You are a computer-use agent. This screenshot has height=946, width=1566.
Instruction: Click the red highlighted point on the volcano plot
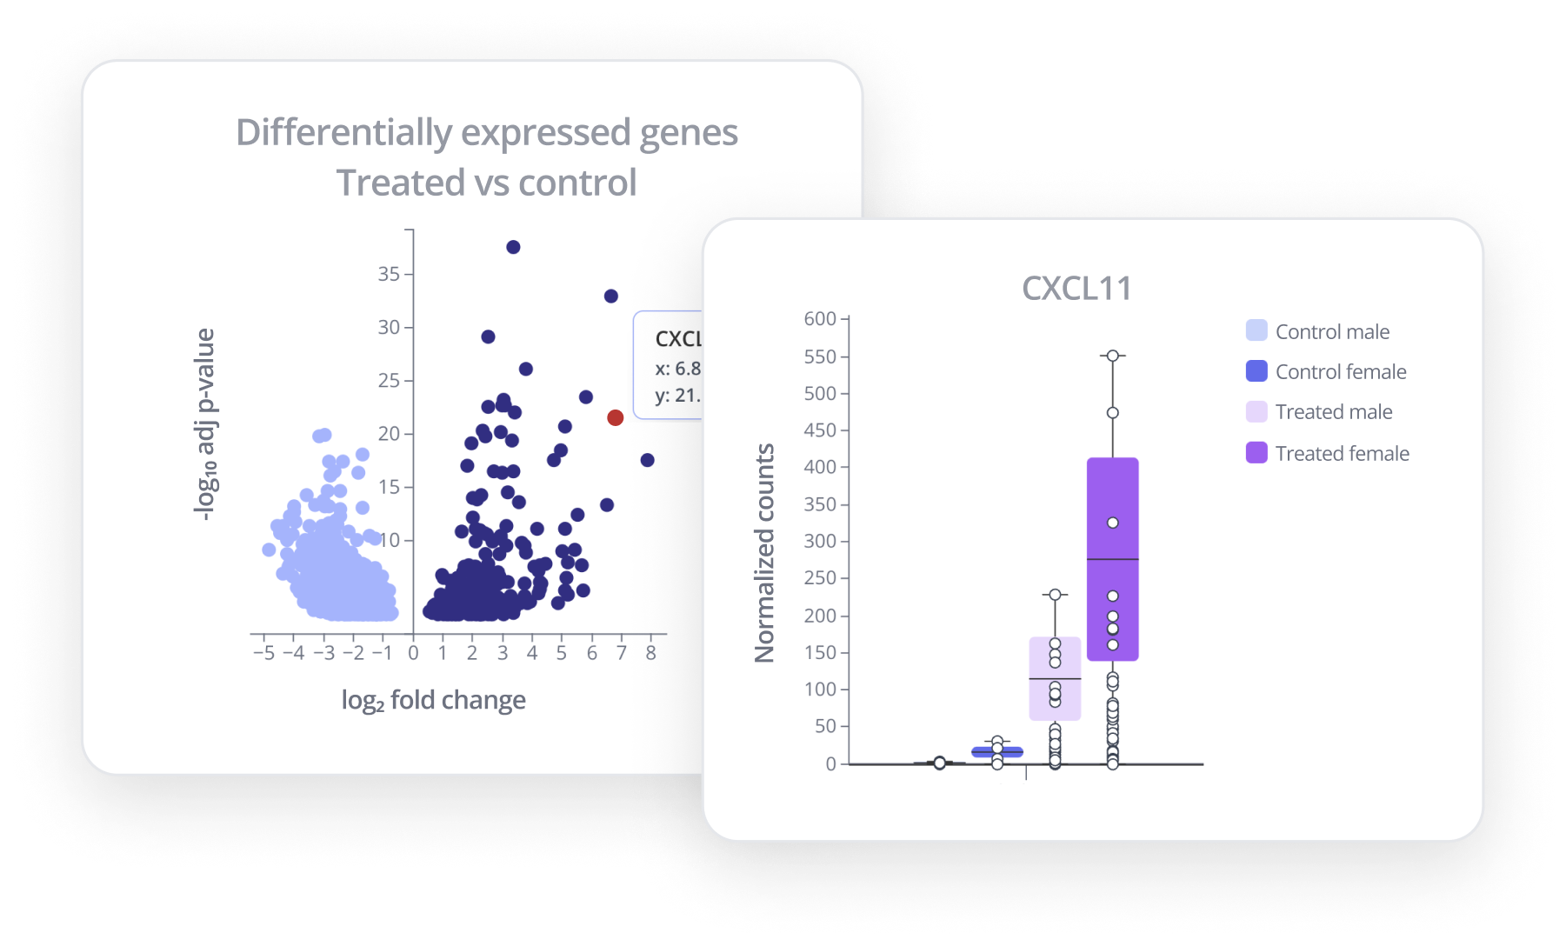pyautogui.click(x=615, y=417)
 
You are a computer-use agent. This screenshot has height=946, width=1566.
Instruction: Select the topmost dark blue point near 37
pyautogui.click(x=513, y=247)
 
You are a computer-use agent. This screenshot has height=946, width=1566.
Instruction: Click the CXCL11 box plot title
pyautogui.click(x=1076, y=289)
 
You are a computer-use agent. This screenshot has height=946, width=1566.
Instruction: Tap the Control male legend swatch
pyautogui.click(x=1256, y=330)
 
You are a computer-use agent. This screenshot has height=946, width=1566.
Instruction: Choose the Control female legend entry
pyautogui.click(x=1340, y=371)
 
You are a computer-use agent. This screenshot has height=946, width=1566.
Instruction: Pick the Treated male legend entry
pyautogui.click(x=1333, y=411)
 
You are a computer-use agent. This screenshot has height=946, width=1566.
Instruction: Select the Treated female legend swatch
pyautogui.click(x=1256, y=452)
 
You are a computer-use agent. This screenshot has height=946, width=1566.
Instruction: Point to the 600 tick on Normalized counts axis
pyautogui.click(x=820, y=319)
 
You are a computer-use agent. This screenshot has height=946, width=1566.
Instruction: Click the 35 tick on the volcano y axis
pyautogui.click(x=389, y=274)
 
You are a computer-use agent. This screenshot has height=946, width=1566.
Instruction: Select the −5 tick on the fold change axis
pyautogui.click(x=263, y=653)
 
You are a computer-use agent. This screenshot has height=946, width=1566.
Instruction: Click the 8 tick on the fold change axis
pyautogui.click(x=650, y=653)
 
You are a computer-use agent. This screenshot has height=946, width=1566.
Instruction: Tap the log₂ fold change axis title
pyautogui.click(x=433, y=700)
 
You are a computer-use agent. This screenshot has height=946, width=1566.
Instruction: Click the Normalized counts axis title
pyautogui.click(x=764, y=553)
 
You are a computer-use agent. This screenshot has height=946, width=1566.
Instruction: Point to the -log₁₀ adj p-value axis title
pyautogui.click(x=204, y=424)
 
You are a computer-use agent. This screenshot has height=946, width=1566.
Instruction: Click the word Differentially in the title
pyautogui.click(x=343, y=133)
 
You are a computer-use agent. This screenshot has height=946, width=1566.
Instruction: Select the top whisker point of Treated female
pyautogui.click(x=1112, y=356)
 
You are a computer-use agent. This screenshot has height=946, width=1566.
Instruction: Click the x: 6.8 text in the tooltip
pyautogui.click(x=677, y=369)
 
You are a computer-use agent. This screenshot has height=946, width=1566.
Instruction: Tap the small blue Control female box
pyautogui.click(x=997, y=752)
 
